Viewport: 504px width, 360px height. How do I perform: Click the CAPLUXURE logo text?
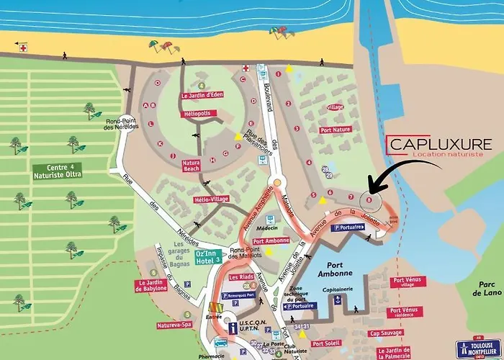tap(440, 144)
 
